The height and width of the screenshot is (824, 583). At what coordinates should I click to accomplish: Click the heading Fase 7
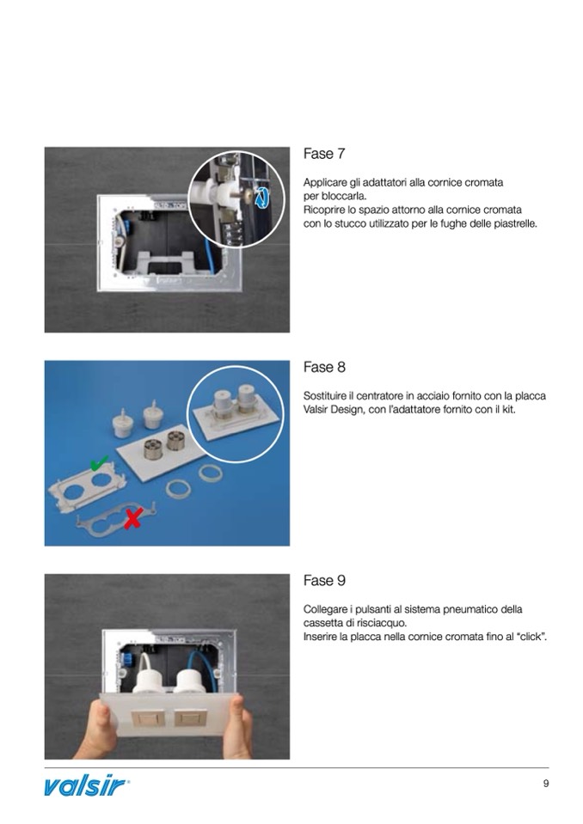click(324, 155)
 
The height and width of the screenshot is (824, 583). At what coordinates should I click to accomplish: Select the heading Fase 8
click(324, 368)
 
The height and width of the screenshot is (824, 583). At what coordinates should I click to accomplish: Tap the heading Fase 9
click(324, 581)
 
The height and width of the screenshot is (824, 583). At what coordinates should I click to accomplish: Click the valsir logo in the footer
click(87, 785)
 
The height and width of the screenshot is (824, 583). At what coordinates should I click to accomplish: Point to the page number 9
click(546, 784)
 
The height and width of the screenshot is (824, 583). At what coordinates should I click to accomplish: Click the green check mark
click(101, 464)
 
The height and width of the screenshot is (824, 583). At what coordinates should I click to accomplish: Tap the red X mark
click(132, 518)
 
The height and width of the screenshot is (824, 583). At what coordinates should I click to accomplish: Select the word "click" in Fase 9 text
click(531, 637)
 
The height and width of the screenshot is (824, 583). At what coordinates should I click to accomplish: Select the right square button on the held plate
click(189, 716)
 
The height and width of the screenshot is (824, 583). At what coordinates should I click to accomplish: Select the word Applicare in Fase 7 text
click(325, 182)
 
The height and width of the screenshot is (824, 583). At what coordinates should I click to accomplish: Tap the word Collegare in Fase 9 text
click(327, 609)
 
